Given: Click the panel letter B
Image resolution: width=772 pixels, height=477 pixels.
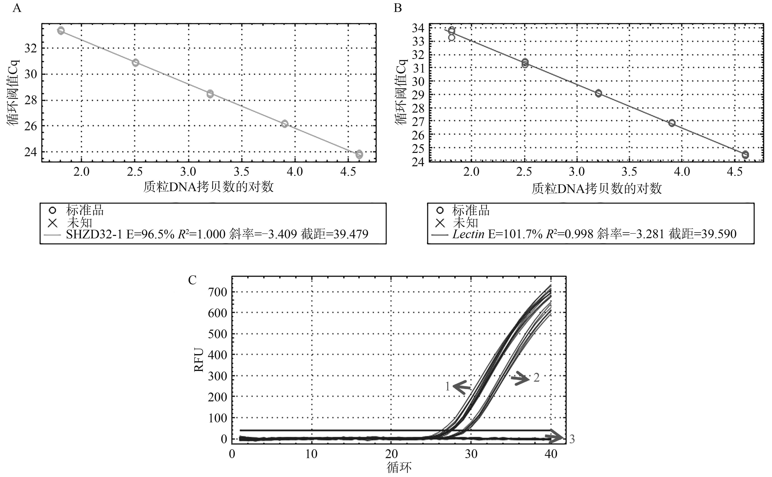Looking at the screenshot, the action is [x=398, y=8].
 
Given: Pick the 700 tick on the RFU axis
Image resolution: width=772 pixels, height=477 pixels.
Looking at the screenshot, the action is [x=217, y=292].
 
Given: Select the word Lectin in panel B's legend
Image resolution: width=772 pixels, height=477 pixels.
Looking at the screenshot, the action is [x=468, y=234].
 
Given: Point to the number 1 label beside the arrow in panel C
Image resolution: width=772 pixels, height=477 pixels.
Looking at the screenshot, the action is [x=447, y=386].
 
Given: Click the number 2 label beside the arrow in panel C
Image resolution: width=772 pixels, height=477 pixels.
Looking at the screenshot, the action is [x=536, y=377].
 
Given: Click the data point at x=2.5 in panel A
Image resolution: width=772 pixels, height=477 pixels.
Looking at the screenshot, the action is [x=135, y=62].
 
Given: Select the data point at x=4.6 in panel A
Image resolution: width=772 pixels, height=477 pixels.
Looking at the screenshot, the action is [x=359, y=154].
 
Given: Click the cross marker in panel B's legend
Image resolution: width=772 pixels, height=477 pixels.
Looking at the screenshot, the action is [x=440, y=223].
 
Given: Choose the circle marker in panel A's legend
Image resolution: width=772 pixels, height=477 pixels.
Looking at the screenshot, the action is [x=53, y=210].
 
